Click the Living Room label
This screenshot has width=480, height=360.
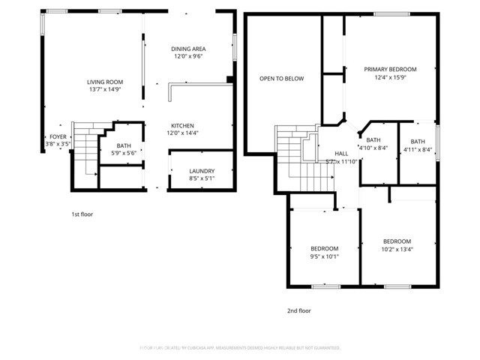[x=104, y=82]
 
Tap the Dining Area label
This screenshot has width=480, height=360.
[x=188, y=48]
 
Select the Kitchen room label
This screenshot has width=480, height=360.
[x=182, y=125]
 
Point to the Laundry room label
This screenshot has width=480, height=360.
[x=202, y=171]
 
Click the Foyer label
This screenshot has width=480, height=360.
[x=58, y=136]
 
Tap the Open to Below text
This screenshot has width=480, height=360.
[x=281, y=78]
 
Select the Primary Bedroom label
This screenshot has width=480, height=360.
[x=390, y=69]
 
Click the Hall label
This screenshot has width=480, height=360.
[x=341, y=153]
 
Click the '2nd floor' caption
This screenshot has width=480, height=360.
[x=298, y=310]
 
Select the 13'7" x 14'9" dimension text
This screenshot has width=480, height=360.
[x=104, y=89]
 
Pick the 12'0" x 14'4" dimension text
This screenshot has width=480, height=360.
[x=182, y=133]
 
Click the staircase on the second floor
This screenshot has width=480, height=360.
[x=304, y=161]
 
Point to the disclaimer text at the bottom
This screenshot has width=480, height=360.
[x=240, y=348]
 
